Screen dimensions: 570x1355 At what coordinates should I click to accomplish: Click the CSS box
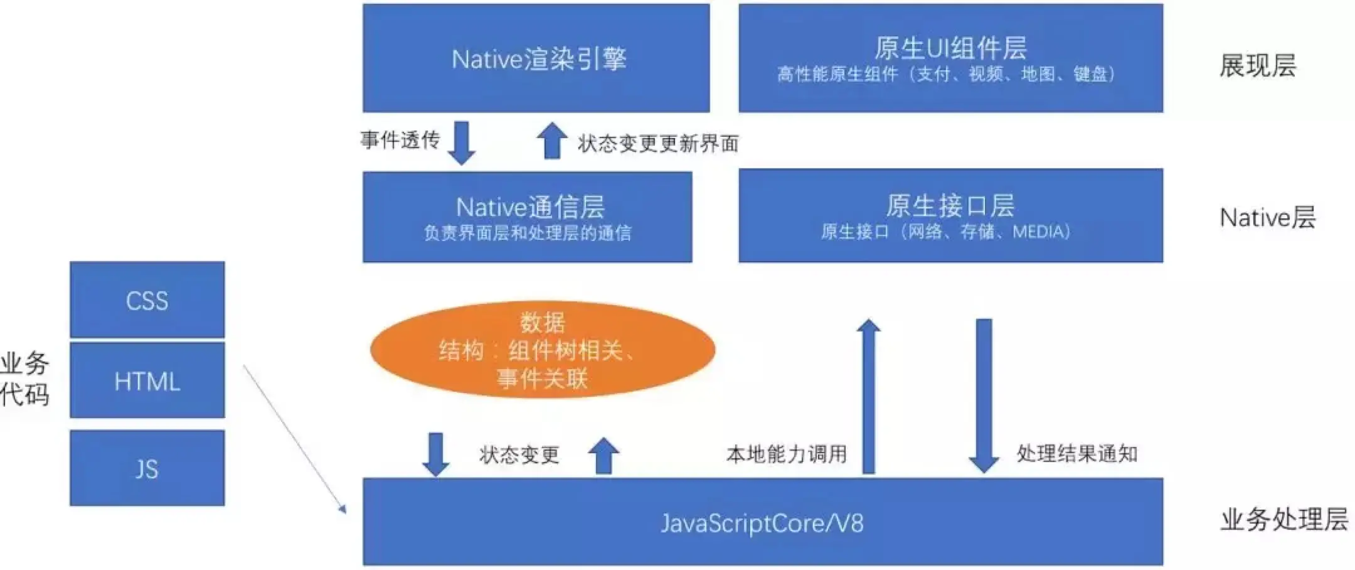[147, 300]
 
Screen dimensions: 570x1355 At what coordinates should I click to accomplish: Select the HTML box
[147, 380]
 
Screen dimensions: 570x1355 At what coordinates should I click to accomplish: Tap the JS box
[147, 468]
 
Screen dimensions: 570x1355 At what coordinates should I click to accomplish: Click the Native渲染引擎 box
[536, 58]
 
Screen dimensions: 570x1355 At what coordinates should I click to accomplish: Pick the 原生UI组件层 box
[950, 58]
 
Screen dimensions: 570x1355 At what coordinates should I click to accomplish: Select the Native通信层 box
[528, 217]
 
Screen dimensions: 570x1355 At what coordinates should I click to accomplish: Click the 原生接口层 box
[950, 216]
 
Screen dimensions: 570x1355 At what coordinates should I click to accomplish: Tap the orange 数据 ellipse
[543, 350]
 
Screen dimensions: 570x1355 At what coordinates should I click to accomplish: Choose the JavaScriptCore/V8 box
[762, 522]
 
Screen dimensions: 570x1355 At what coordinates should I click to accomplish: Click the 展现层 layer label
[1258, 65]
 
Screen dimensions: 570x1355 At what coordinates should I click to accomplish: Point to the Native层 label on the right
[1267, 218]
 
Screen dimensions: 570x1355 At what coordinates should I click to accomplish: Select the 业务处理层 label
[1283, 520]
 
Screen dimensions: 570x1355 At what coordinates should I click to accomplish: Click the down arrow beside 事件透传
[462, 142]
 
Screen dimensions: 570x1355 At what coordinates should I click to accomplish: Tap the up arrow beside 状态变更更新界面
[552, 140]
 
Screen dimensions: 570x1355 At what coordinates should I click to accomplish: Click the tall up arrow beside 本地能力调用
[869, 395]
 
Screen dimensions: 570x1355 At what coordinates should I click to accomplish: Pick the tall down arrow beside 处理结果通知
[984, 395]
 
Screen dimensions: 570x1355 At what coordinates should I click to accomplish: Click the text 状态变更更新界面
[658, 144]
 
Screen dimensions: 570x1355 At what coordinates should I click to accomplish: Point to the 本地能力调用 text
[787, 454]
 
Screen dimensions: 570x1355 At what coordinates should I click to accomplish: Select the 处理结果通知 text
[1076, 454]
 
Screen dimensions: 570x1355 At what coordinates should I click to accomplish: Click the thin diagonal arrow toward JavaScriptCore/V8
[294, 439]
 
